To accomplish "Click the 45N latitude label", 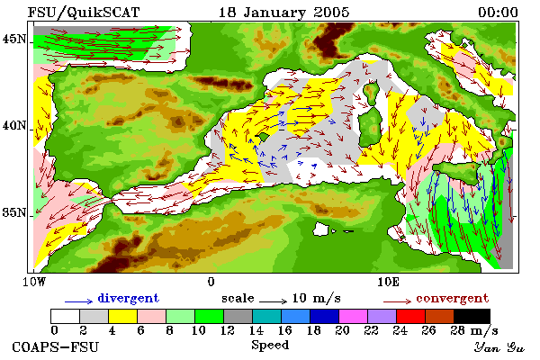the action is (14, 40).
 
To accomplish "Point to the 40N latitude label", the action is (14, 126).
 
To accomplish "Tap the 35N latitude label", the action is (14, 212).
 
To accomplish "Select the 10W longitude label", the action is (34, 282).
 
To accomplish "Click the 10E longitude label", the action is (388, 282).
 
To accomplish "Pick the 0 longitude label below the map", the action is (211, 282).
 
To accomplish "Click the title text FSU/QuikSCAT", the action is (84, 13).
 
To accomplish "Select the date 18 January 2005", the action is (284, 13).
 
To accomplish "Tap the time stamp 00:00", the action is (498, 13).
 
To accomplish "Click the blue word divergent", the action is (129, 298).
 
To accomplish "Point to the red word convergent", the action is (452, 298).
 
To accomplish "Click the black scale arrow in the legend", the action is (273, 301).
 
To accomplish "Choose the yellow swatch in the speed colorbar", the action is (123, 316).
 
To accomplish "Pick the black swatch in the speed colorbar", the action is (472, 316).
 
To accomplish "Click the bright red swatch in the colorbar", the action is (410, 316).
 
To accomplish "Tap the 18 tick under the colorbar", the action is (313, 330).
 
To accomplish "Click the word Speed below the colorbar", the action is (270, 345).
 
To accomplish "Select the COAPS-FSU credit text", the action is (55, 346).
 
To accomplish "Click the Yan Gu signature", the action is (499, 347).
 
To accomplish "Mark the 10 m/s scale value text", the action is (316, 298).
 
